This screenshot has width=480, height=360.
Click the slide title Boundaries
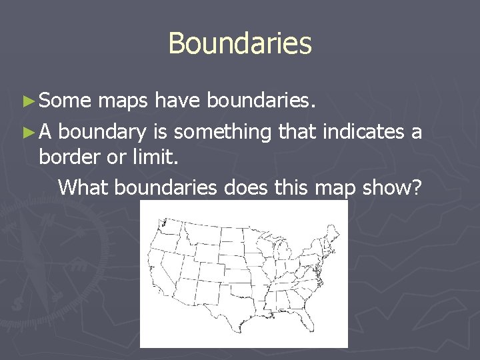click(x=240, y=44)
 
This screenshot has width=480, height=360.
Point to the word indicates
click(x=365, y=131)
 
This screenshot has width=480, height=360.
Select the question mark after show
click(x=417, y=187)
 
